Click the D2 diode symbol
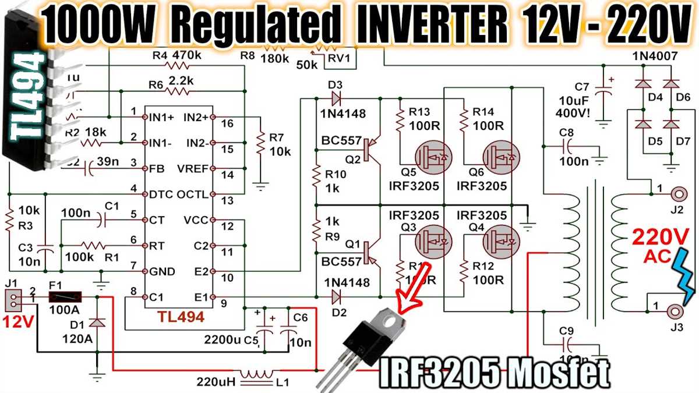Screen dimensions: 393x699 [x=336, y=298]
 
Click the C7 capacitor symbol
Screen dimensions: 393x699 [x=606, y=93]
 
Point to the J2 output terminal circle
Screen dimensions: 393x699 [x=679, y=194]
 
